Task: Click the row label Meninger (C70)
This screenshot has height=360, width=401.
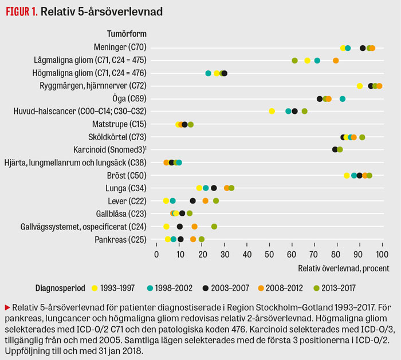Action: point(119,48)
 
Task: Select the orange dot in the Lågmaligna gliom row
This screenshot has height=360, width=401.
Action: point(336,60)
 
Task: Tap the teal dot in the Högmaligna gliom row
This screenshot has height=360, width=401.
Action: point(209,73)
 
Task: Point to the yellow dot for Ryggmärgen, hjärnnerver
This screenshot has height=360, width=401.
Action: point(360,86)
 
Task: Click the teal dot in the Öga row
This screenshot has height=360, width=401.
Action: point(343,98)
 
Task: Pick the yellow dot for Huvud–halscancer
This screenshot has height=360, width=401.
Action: point(272,111)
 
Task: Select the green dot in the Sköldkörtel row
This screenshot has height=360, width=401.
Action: point(362,137)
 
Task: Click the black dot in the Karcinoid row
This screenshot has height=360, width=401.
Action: point(335,149)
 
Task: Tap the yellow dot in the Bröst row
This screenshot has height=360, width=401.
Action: point(347,175)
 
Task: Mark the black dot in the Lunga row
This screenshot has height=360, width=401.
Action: point(214,188)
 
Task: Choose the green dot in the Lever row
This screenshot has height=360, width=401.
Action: point(216,200)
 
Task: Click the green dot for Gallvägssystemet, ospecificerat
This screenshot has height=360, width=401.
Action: point(214,226)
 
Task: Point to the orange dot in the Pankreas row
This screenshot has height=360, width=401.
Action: point(193,239)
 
